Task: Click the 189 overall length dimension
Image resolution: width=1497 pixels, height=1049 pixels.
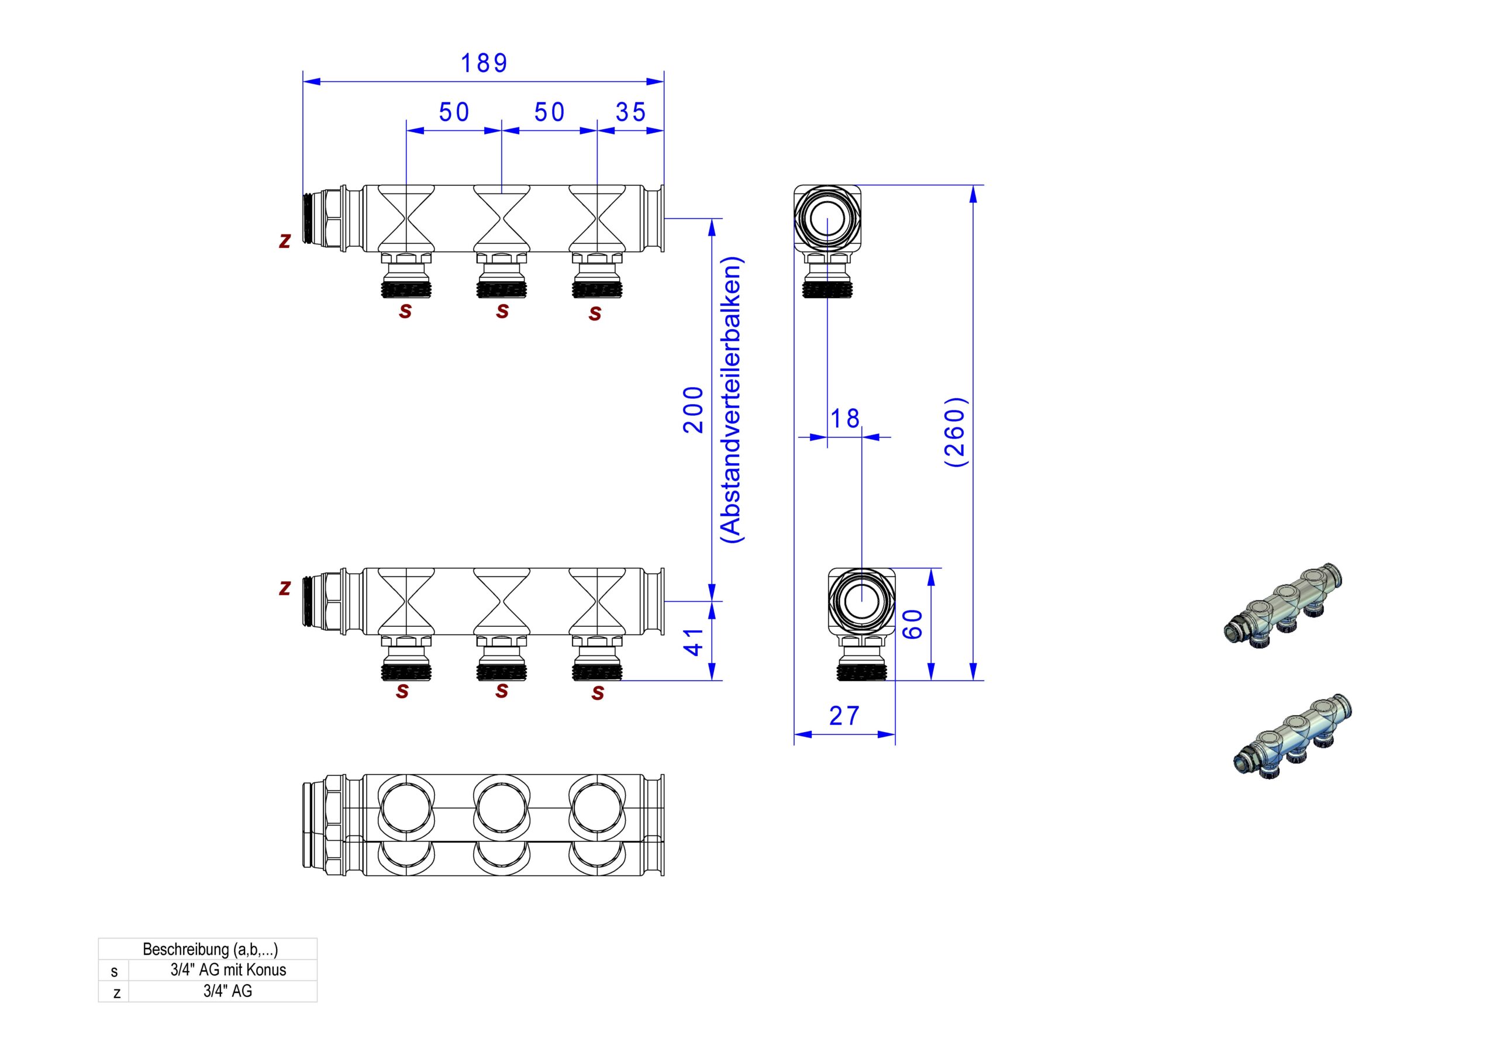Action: (x=484, y=63)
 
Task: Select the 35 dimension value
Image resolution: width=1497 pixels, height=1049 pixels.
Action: (x=630, y=112)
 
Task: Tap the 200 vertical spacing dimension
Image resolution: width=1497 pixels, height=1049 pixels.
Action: (x=693, y=409)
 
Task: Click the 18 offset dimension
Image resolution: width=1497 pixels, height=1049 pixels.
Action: (x=845, y=419)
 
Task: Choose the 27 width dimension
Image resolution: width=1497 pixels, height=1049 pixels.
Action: (x=844, y=716)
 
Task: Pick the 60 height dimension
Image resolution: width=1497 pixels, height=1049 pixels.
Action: (x=913, y=624)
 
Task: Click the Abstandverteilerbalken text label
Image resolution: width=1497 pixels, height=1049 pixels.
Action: (x=732, y=399)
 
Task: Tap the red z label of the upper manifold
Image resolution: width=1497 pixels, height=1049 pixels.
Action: (x=284, y=240)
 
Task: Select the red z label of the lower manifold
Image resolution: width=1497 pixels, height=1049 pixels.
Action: (x=284, y=588)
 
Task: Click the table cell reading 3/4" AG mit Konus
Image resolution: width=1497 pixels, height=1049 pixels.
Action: (x=228, y=970)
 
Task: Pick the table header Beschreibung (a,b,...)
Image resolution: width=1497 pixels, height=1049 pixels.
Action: (x=210, y=949)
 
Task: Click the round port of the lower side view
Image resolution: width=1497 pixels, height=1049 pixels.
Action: (x=861, y=601)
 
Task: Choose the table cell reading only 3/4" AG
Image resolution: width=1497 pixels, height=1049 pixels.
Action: (x=227, y=992)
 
